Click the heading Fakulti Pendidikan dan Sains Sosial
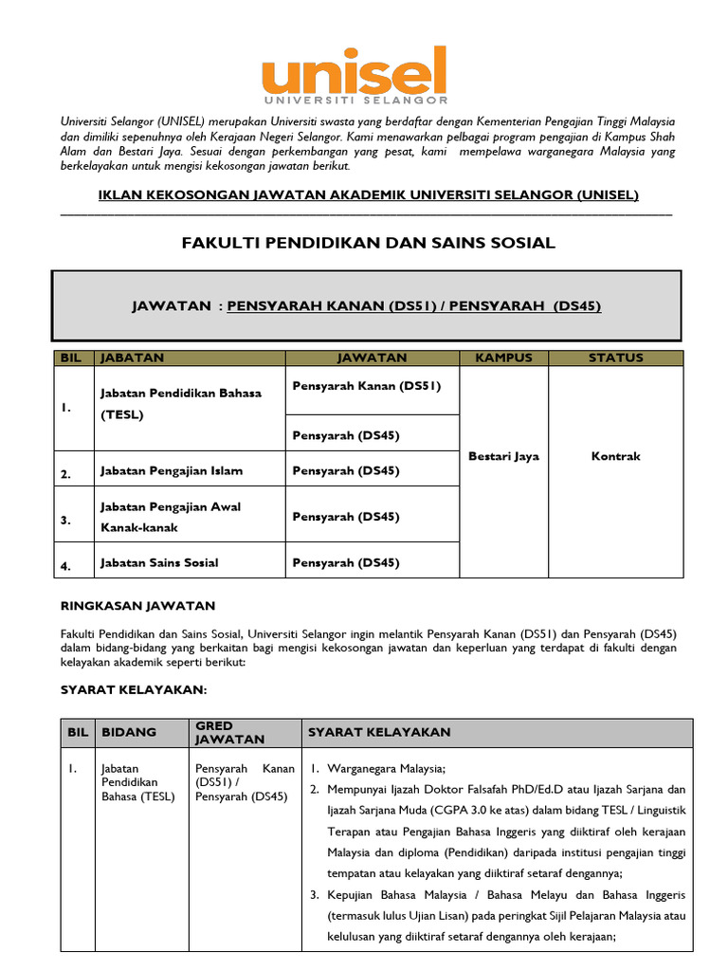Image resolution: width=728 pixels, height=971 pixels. pos(368,244)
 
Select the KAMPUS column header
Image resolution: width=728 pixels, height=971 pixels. pos(503,357)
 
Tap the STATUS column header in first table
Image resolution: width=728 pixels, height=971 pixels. pos(615,357)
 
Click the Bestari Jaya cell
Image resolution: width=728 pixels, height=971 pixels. pos(503,456)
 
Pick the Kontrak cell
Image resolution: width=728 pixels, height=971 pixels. pos(615,456)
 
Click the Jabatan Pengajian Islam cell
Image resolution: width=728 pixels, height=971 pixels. pos(172,471)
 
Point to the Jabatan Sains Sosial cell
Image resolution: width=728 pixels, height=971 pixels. pos(159,562)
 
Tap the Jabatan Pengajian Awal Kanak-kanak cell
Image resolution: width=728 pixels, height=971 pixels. pos(171,517)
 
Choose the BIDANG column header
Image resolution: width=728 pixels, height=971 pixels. pos(129,732)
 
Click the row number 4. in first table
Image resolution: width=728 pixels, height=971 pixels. pos(65,566)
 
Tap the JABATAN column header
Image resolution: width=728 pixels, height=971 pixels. pos(133,357)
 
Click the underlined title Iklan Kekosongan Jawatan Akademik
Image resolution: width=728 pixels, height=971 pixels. pos(369,194)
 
